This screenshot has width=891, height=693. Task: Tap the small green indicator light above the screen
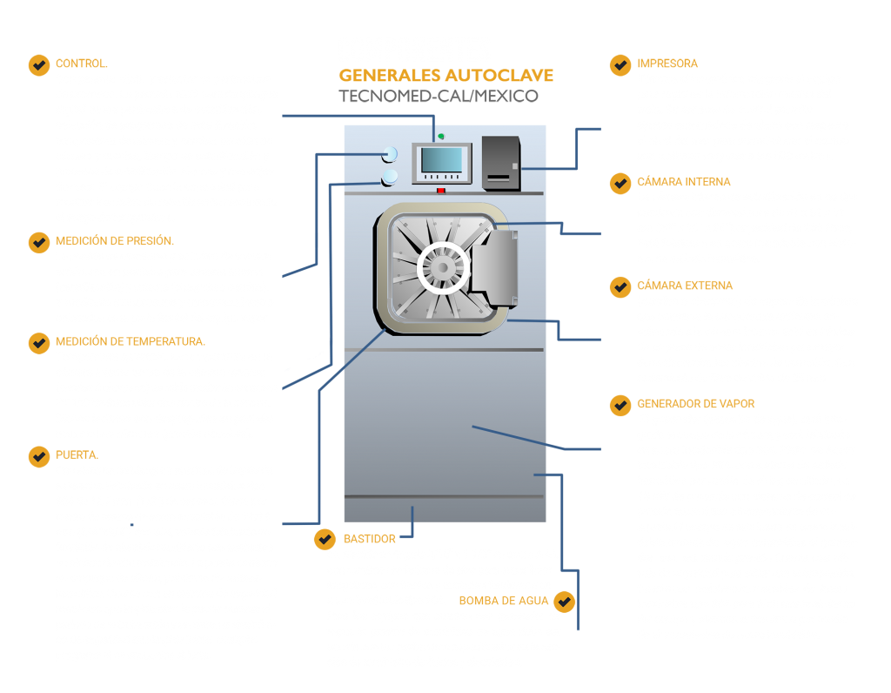coord(441,135)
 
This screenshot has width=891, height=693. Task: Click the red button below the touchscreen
coord(441,190)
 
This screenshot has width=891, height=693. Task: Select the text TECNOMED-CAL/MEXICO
coord(438,96)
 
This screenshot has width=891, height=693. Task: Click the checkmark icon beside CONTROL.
coord(38,64)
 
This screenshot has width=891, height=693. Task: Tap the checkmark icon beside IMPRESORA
coord(620,64)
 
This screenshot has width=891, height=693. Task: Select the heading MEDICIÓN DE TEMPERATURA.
coord(130,341)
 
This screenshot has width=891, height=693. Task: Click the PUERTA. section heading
coord(77,454)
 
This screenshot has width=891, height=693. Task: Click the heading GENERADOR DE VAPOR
coord(695,404)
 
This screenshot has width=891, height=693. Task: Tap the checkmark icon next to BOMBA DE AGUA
coord(565,601)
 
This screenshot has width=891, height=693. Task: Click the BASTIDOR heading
coord(369,539)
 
